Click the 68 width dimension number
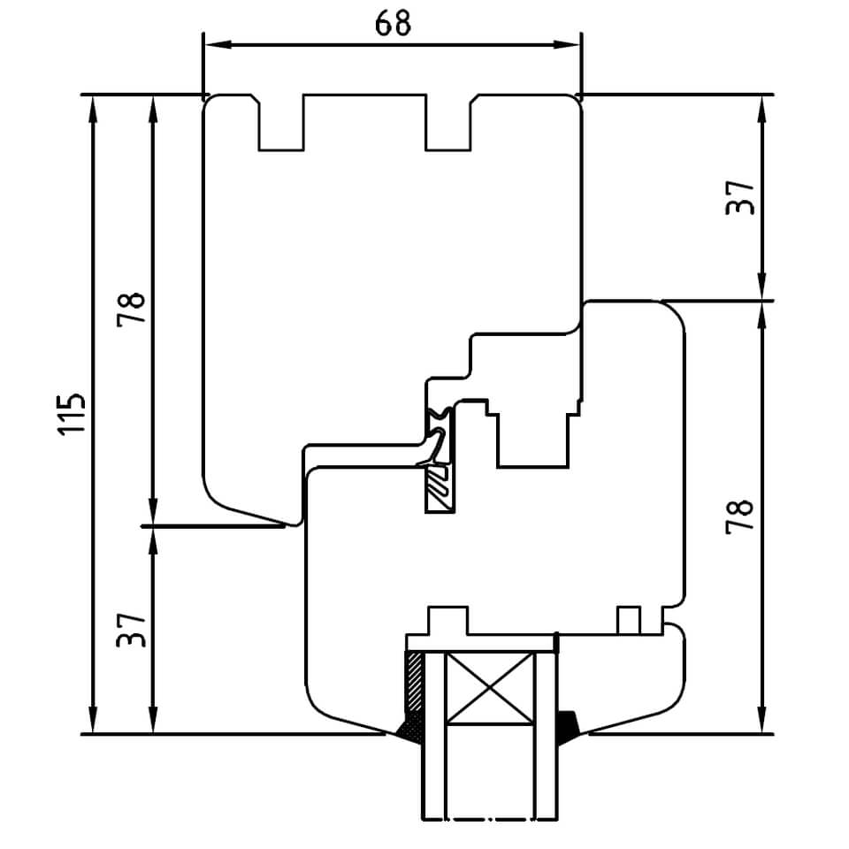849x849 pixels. click(x=393, y=23)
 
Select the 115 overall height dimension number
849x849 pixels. click(x=72, y=414)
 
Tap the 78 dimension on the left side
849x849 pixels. click(x=132, y=309)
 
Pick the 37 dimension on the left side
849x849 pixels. click(x=132, y=630)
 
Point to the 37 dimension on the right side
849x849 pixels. click(x=739, y=198)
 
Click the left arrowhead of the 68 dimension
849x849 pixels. click(x=218, y=44)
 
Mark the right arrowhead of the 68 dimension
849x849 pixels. click(x=566, y=44)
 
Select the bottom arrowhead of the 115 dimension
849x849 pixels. click(x=94, y=719)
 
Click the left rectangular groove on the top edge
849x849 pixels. click(x=281, y=123)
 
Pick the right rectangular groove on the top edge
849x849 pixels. click(x=447, y=123)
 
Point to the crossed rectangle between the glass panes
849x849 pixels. click(x=489, y=688)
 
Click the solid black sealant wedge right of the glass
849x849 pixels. click(x=568, y=728)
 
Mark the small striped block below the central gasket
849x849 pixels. click(x=439, y=488)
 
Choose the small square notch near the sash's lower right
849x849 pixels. click(x=629, y=620)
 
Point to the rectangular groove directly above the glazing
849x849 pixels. click(x=447, y=621)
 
